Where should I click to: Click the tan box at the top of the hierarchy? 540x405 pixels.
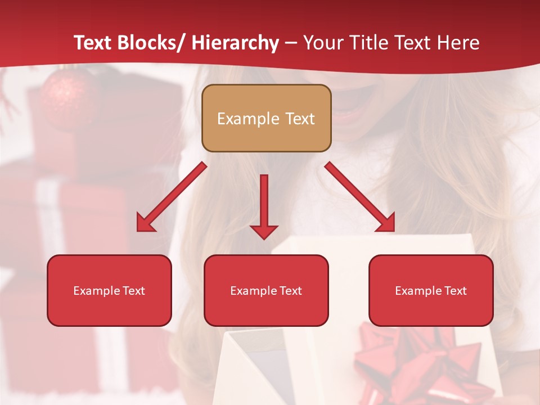[x=266, y=118]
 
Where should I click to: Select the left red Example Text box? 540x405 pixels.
[x=109, y=290]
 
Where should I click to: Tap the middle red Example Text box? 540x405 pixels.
[x=266, y=290]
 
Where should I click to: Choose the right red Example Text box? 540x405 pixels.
[x=431, y=290]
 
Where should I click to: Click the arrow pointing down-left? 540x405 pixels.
[x=171, y=197]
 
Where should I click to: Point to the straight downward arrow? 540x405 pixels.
[x=264, y=206]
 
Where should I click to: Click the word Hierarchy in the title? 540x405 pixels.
[x=235, y=43]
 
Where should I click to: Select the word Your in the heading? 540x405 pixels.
[x=323, y=43]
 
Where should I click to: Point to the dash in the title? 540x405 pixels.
[x=291, y=43]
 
